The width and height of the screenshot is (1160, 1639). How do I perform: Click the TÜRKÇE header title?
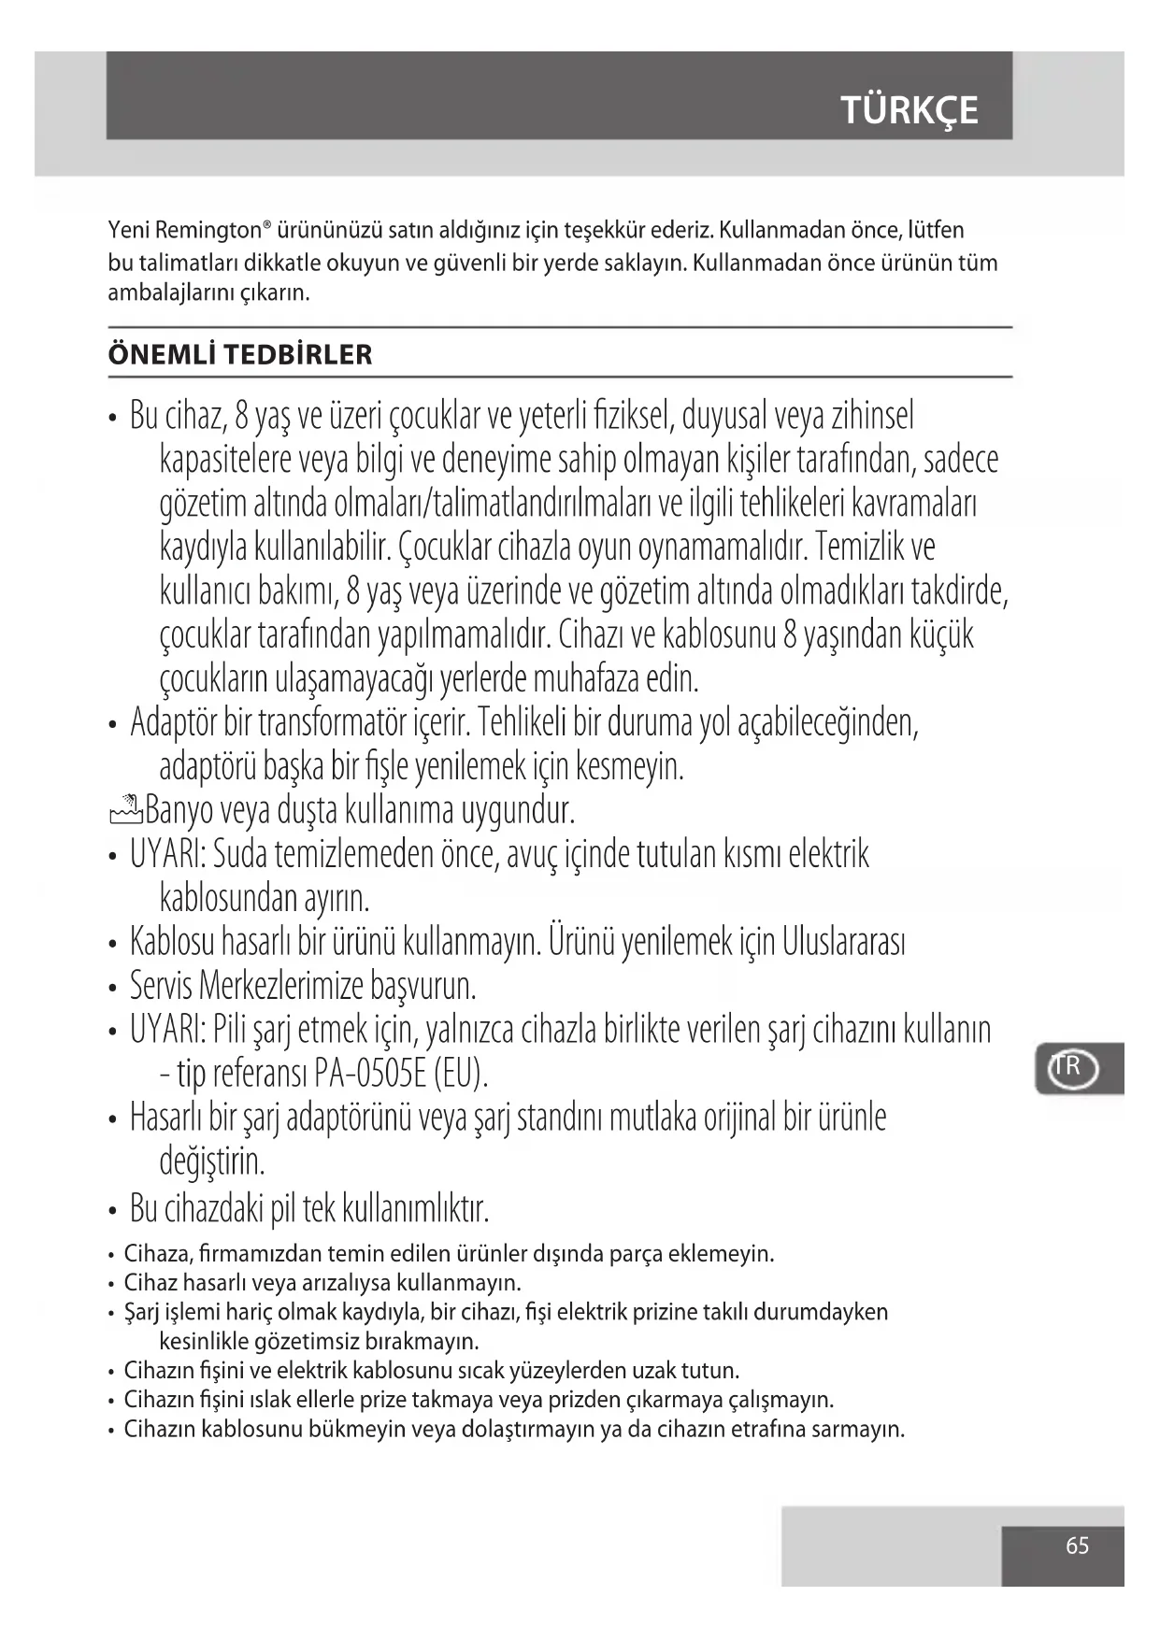point(909,110)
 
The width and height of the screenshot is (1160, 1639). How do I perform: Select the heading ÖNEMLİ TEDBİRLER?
point(240,355)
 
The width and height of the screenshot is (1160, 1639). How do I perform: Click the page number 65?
point(1077,1546)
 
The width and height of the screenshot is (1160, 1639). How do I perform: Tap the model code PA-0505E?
point(371,1073)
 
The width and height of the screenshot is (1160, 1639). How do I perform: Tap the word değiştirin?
point(212,1162)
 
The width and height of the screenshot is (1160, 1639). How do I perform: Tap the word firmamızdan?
point(265,1254)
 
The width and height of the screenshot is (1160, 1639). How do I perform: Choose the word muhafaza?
point(586,679)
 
